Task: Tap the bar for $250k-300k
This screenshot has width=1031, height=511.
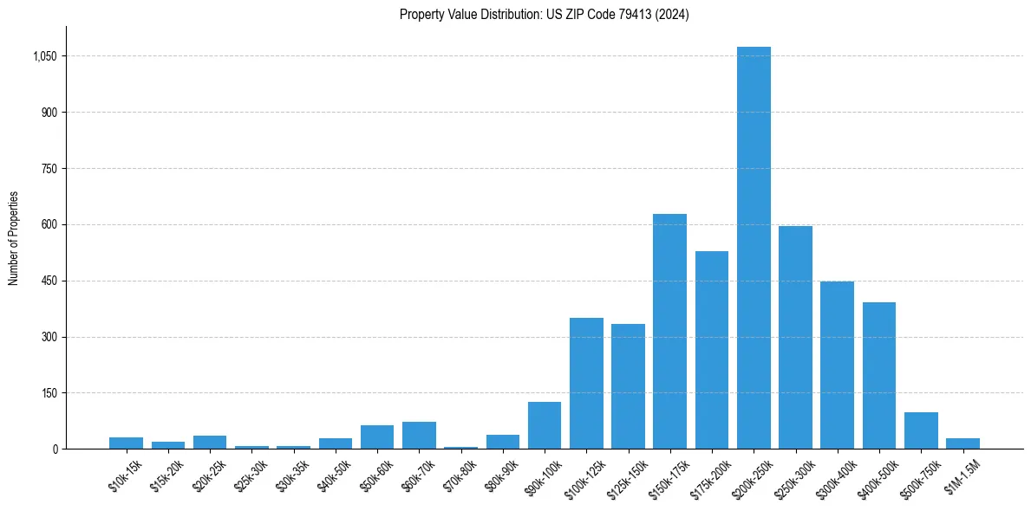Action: pos(795,337)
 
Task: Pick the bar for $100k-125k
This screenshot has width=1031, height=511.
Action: pos(586,383)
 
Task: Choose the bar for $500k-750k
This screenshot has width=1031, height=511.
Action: pos(921,430)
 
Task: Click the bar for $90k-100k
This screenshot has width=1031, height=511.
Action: pos(545,425)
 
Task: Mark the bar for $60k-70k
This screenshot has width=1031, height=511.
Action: pos(419,435)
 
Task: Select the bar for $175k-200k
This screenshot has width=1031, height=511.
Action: pos(712,350)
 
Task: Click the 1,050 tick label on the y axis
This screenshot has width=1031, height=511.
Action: pos(44,56)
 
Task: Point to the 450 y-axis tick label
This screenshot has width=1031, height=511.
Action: pos(49,281)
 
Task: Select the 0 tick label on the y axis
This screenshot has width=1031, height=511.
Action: pos(55,449)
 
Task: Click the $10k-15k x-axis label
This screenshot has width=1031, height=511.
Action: pos(126,475)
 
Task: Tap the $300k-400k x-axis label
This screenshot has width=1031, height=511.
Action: pos(835,477)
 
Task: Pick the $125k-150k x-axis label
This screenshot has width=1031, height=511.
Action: pos(626,477)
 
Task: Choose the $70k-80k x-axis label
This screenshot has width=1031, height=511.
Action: pos(460,475)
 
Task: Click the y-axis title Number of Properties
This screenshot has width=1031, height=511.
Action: pos(13,238)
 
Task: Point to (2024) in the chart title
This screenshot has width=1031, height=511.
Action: pos(673,14)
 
